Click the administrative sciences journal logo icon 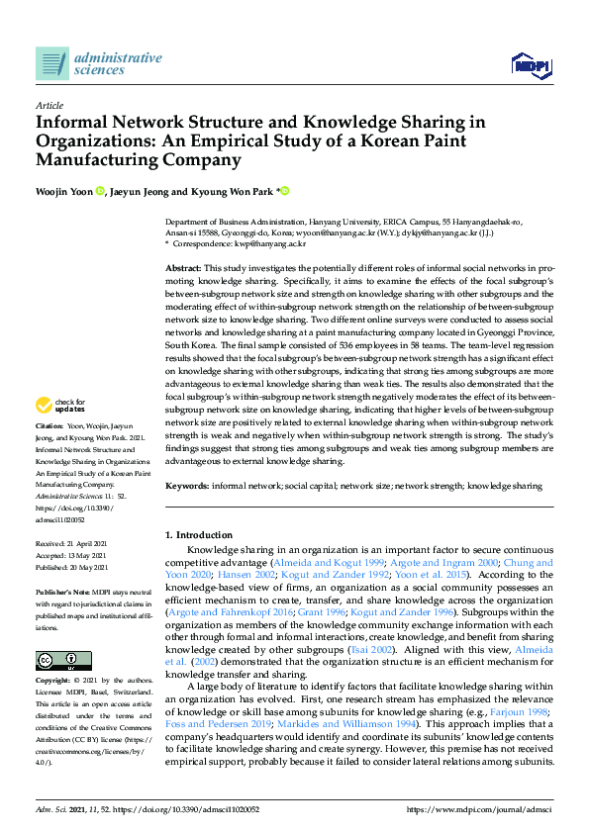51,63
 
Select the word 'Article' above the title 49,104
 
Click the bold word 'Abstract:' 183,269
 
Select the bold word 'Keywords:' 186,486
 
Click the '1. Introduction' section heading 199,534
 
